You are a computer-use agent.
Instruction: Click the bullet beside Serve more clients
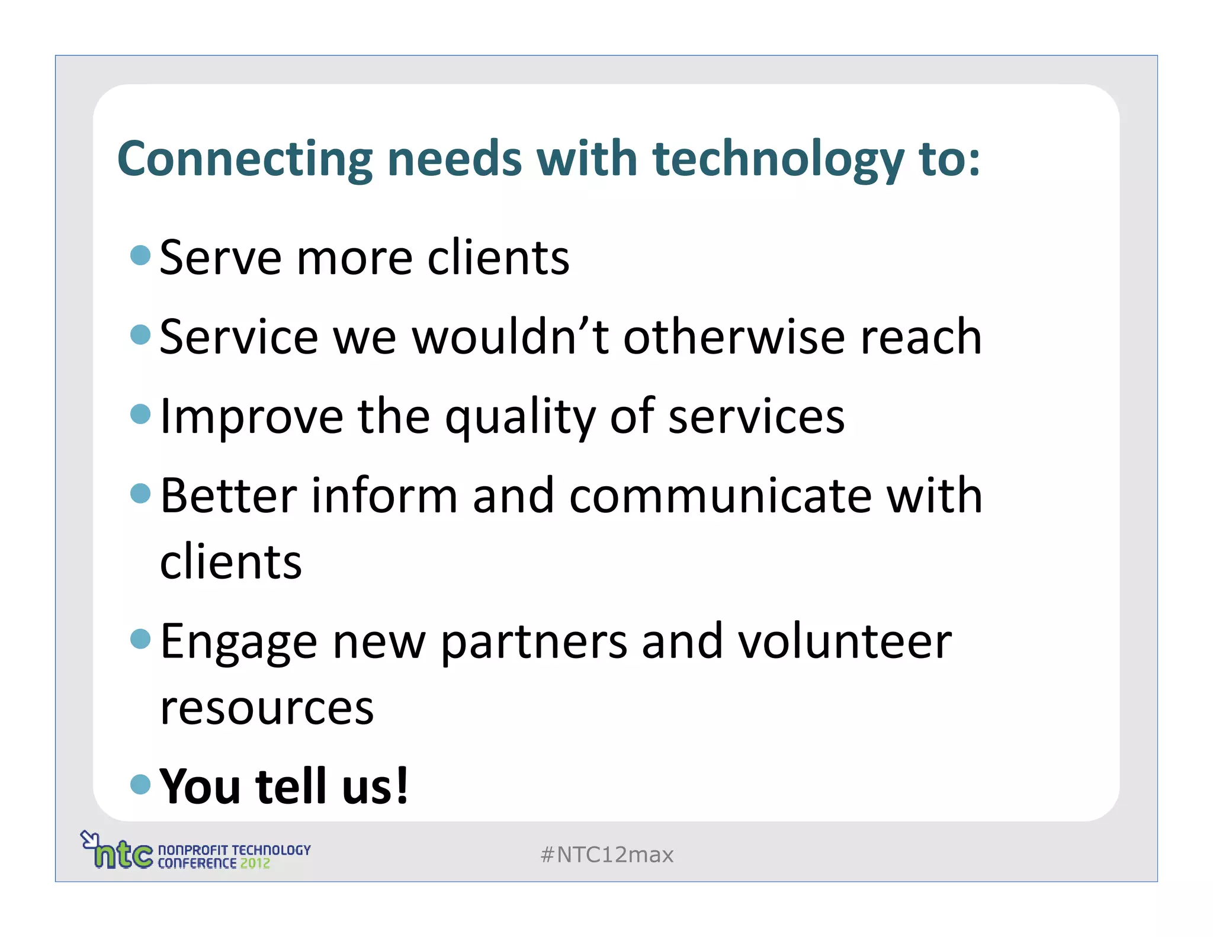(x=140, y=255)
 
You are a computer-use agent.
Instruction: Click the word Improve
(x=251, y=416)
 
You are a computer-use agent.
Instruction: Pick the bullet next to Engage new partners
(x=140, y=639)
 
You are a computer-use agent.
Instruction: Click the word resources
(x=267, y=708)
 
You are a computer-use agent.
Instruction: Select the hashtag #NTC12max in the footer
(x=607, y=855)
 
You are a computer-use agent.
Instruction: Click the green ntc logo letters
(x=123, y=854)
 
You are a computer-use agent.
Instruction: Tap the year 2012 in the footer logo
(x=255, y=864)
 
